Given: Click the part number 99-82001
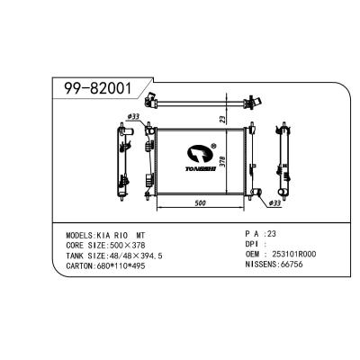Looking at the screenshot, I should pyautogui.click(x=96, y=89).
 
